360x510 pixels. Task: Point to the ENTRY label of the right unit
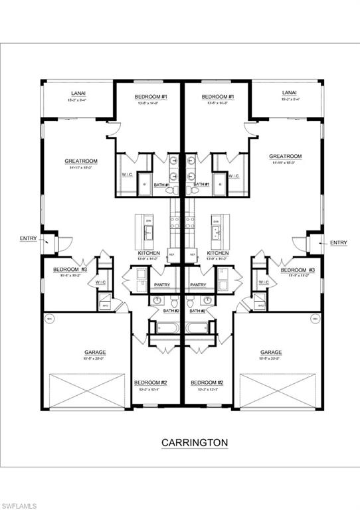tap(338, 242)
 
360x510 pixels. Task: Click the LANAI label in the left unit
tap(78, 93)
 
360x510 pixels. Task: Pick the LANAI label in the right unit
tap(289, 93)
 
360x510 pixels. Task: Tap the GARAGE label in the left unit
tap(95, 352)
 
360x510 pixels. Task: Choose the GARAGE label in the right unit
tap(271, 352)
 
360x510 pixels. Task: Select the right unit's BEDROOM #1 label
tap(218, 97)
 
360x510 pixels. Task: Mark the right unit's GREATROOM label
tap(286, 157)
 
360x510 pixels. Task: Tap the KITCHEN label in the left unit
tap(149, 253)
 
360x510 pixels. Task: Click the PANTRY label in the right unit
tap(198, 285)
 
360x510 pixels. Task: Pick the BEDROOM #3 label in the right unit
tap(296, 270)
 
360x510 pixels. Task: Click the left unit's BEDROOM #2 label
tap(150, 382)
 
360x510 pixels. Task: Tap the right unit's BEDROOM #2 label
tap(206, 382)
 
